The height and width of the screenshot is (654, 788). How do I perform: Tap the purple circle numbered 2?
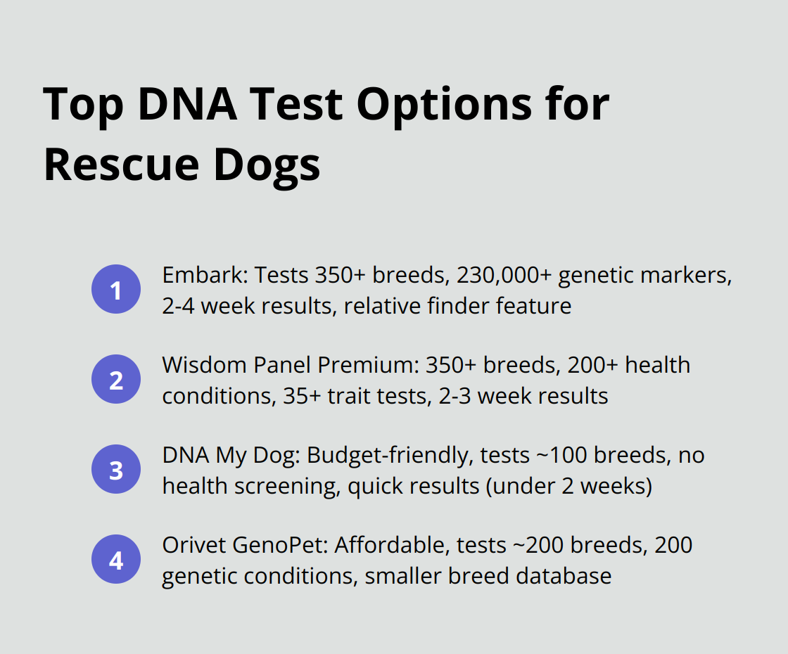pos(116,380)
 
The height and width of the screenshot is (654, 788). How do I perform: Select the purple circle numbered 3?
pos(116,470)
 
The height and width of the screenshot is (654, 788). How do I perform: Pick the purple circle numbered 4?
pos(116,560)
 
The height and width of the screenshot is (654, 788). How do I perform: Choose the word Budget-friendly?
pos(388,455)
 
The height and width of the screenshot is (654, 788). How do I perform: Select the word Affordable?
pos(395,545)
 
